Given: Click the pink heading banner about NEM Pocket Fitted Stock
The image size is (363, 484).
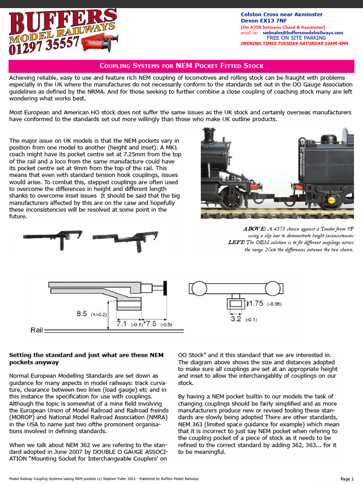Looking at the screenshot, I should click(181, 66).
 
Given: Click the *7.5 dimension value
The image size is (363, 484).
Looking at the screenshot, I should click(150, 324).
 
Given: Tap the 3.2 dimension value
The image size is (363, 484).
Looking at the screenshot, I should click(236, 319).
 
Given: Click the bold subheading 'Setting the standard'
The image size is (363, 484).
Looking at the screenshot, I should click(79, 354).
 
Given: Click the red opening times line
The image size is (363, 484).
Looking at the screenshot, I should click(294, 43).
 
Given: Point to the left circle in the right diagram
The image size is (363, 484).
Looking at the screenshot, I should click(196, 287).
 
